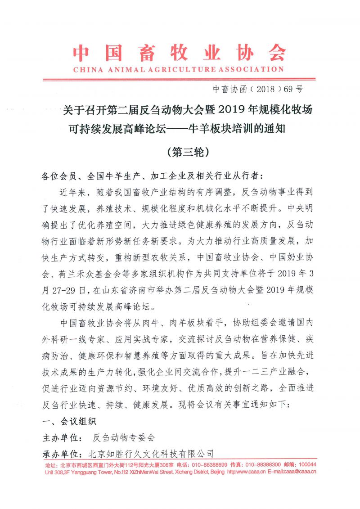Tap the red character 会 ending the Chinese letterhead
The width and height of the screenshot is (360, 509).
click(274, 53)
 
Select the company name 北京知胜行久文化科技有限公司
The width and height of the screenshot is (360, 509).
click(151, 453)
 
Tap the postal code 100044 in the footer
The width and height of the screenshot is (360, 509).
click(307, 465)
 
